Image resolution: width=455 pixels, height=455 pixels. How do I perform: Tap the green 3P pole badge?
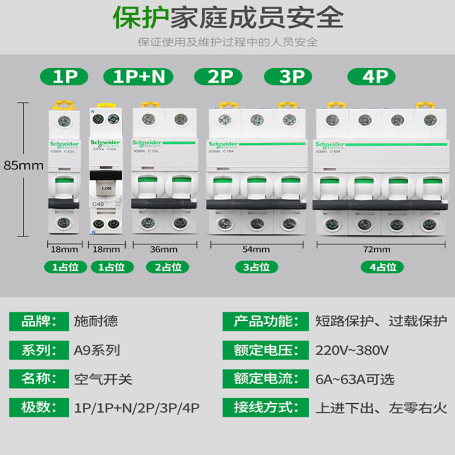point(292,76)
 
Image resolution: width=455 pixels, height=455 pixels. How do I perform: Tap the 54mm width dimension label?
point(255,249)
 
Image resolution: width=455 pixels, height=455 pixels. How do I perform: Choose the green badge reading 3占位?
point(255,267)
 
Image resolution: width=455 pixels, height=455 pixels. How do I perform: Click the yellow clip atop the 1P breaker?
point(64,105)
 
